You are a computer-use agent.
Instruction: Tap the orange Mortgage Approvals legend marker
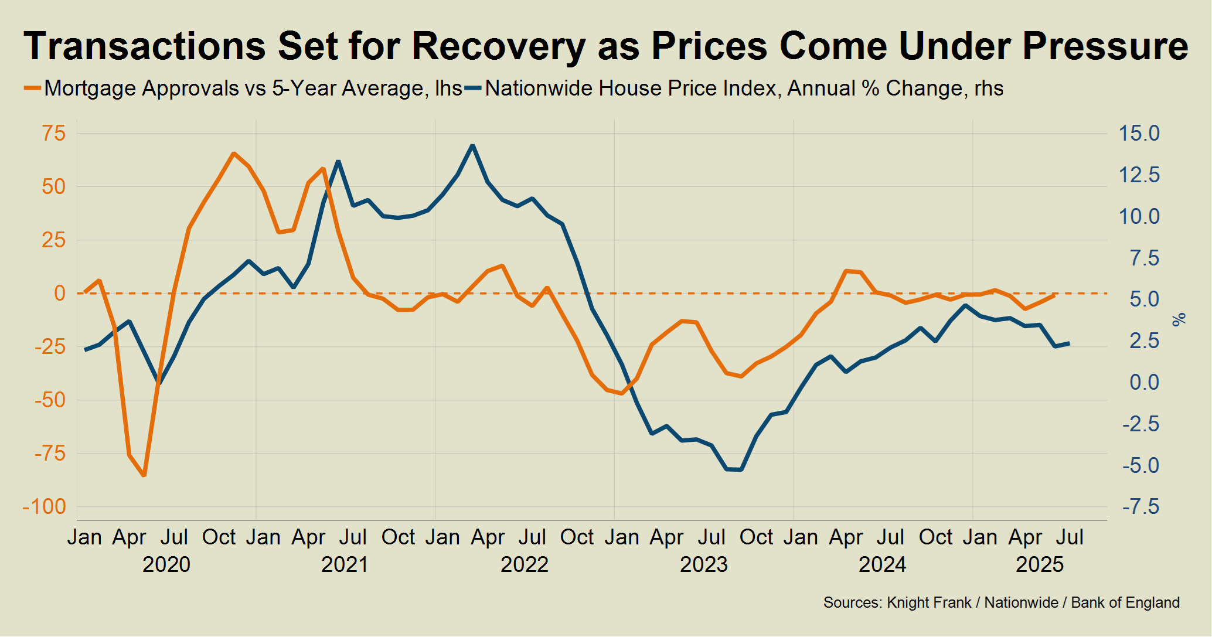pos(32,88)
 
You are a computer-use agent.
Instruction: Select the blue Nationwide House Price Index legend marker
pos(473,88)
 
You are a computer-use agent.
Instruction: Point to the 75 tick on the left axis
pos(53,133)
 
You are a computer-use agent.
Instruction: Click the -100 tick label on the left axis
pos(45,507)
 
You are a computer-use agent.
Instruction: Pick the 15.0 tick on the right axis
pos(1139,133)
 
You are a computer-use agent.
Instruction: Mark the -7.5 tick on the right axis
pos(1140,507)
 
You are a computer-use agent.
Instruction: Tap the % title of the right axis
pos(1179,319)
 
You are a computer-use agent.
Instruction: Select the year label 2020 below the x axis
pos(166,564)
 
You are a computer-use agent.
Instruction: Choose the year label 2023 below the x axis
pos(703,564)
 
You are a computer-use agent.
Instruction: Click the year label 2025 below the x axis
pos(1040,564)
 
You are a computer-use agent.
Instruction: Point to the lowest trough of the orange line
pos(144,475)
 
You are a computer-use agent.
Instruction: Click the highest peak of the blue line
pos(472,145)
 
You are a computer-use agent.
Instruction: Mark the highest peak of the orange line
pos(233,154)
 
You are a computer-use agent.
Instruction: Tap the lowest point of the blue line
pos(741,470)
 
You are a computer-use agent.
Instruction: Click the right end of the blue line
pos(1070,343)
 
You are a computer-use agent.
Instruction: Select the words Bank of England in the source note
pos(1125,602)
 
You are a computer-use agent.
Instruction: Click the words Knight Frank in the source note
pos(929,602)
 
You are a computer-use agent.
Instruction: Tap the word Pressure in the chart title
pos(1105,46)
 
